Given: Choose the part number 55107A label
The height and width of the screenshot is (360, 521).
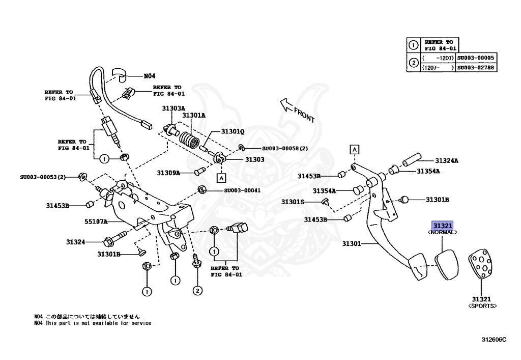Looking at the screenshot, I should pyautogui.click(x=96, y=221).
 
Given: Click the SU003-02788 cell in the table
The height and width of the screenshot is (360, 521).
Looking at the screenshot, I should pyautogui.click(x=476, y=67).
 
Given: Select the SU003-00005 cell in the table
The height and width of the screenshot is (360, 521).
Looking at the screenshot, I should pyautogui.click(x=476, y=58).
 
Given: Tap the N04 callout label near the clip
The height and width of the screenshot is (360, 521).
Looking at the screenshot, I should pyautogui.click(x=149, y=76).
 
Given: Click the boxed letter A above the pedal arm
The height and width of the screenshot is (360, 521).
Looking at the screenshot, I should pyautogui.click(x=354, y=149).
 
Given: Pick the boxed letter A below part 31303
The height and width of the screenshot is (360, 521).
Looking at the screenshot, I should pyautogui.click(x=221, y=178).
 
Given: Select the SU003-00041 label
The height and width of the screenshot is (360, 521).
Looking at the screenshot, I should pyautogui.click(x=242, y=190).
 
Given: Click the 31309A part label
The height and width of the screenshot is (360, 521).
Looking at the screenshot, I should pyautogui.click(x=168, y=173).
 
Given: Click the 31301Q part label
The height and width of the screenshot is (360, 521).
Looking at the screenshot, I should pyautogui.click(x=233, y=131).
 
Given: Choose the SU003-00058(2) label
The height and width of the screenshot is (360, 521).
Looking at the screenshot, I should pyautogui.click(x=285, y=149).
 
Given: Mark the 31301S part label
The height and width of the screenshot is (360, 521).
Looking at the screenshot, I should pyautogui.click(x=293, y=202).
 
